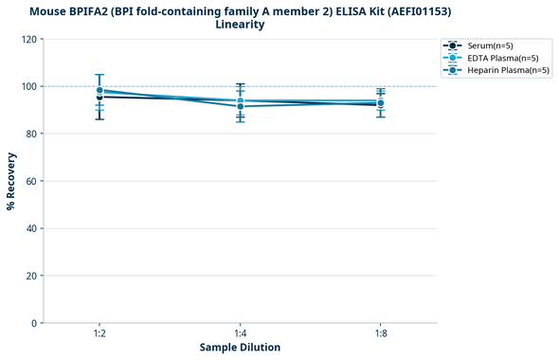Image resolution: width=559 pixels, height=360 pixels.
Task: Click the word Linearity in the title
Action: (240, 25)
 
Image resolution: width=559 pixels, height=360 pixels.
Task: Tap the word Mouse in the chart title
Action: (50, 10)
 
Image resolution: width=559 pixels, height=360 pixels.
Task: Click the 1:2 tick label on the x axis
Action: (99, 334)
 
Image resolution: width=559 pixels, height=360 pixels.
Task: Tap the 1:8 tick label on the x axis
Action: (380, 334)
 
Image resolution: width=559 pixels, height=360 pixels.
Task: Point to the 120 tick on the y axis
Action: (28, 39)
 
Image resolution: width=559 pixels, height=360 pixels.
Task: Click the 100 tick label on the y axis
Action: (28, 86)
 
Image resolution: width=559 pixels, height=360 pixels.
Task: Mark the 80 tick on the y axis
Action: (31, 134)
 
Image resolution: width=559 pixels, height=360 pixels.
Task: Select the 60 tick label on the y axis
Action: (31, 181)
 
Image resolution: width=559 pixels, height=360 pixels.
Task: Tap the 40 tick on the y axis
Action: (31, 228)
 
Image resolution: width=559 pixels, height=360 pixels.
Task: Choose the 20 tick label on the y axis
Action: (31, 276)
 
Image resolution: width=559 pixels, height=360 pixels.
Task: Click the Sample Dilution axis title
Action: (240, 348)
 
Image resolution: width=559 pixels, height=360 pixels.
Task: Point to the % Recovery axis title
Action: (11, 181)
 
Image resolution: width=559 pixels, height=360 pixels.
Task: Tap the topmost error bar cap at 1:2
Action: (99, 75)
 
